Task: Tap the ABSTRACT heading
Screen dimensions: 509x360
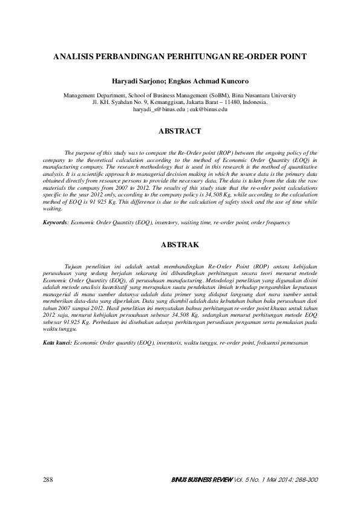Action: click(180, 131)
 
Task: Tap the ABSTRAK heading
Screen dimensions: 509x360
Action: click(180, 245)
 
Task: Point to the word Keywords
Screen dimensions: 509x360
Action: click(55, 222)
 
